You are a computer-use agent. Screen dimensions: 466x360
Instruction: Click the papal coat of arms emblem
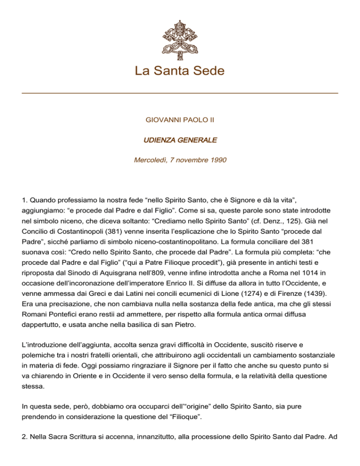pos(180,36)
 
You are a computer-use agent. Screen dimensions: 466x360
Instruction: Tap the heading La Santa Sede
pos(180,71)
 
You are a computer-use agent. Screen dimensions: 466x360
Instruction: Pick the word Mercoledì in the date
pos(150,160)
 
